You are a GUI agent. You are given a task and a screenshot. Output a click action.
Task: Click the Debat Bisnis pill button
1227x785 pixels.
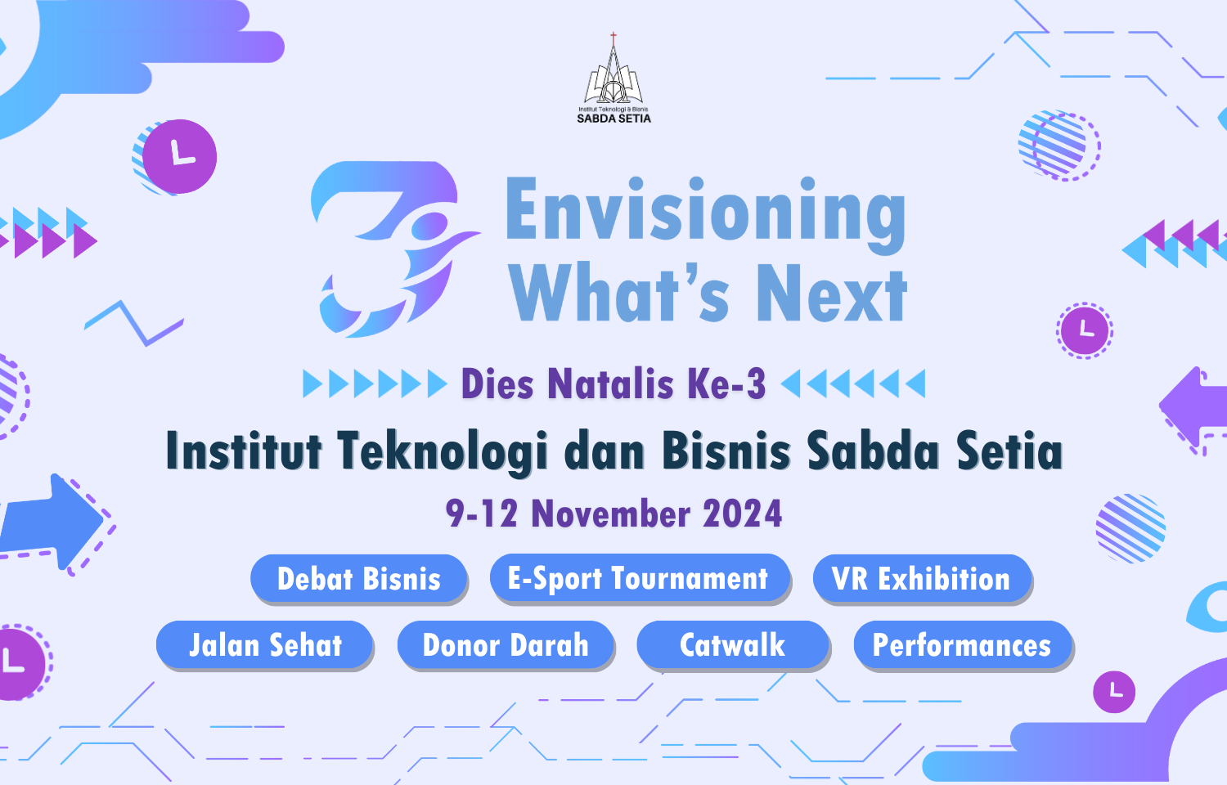(x=359, y=579)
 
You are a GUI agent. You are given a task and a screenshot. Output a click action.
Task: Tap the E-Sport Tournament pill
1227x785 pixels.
(x=640, y=577)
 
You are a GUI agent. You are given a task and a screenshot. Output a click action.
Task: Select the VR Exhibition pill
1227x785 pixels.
(x=923, y=579)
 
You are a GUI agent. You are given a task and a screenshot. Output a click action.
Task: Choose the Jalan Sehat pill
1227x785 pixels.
(x=264, y=645)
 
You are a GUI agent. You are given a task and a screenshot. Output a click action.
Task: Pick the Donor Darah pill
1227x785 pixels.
(x=505, y=645)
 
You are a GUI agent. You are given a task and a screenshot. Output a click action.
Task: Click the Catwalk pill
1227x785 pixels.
(x=733, y=645)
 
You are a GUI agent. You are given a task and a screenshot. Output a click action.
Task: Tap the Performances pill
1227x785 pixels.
(x=963, y=645)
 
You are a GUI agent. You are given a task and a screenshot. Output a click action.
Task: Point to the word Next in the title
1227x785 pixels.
(x=832, y=293)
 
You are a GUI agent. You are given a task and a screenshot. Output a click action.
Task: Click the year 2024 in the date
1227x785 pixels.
(x=742, y=514)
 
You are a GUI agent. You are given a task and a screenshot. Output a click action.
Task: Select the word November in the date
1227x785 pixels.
(x=611, y=514)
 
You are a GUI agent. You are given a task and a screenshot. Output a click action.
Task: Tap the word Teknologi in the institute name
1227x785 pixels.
(x=442, y=451)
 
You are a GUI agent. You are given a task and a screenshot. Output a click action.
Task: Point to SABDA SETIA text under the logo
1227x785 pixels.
(x=613, y=119)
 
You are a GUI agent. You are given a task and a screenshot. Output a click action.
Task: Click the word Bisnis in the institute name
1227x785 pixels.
(x=726, y=451)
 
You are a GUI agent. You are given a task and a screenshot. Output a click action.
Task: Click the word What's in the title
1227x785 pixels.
(x=619, y=293)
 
